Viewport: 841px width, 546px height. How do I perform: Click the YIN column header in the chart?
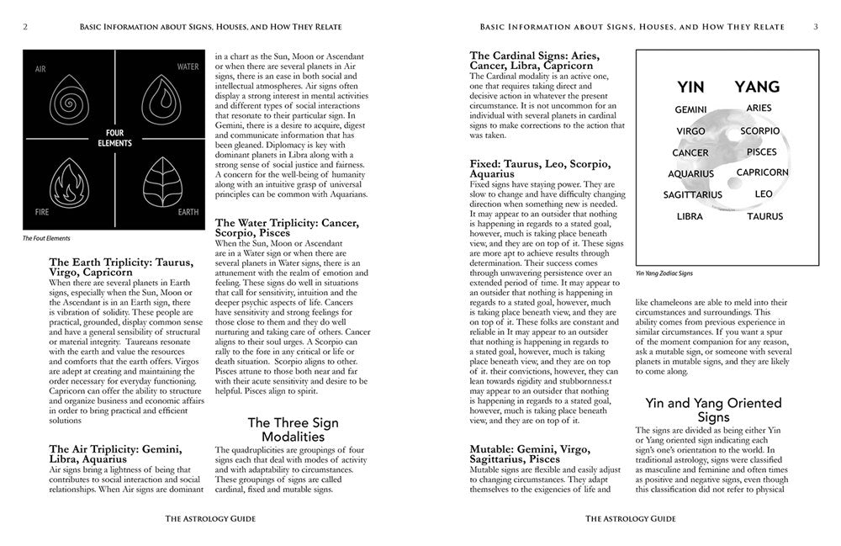691,87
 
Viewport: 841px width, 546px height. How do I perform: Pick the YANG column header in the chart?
757,87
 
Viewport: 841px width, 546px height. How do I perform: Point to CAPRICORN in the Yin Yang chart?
762,172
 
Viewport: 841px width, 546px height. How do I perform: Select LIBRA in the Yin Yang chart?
690,216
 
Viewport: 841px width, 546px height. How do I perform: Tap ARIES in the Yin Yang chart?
759,109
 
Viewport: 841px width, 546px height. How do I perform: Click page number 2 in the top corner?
26,26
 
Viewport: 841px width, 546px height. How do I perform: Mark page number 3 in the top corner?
815,26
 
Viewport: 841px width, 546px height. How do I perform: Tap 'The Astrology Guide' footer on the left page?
209,519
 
